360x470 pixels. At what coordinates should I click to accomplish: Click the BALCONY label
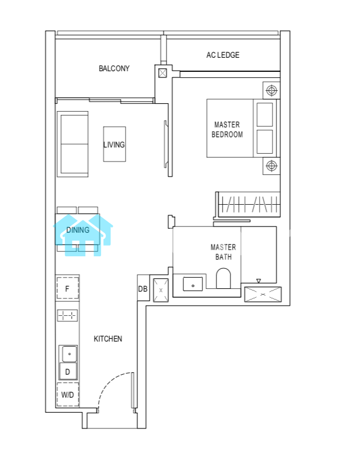pyautogui.click(x=114, y=68)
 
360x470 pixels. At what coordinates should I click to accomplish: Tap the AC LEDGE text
pyautogui.click(x=223, y=55)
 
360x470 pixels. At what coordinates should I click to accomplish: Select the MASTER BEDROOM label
pyautogui.click(x=227, y=130)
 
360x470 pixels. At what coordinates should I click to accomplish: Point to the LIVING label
pyautogui.click(x=114, y=145)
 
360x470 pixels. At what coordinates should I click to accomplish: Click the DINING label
pyautogui.click(x=77, y=230)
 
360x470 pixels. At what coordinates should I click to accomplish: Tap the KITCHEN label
pyautogui.click(x=108, y=339)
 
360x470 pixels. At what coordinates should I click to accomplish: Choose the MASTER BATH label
pyautogui.click(x=223, y=252)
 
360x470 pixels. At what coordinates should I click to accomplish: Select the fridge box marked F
pyautogui.click(x=67, y=288)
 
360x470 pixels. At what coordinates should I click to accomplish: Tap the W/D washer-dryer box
pyautogui.click(x=67, y=394)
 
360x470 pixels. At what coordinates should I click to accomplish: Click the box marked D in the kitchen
pyautogui.click(x=68, y=371)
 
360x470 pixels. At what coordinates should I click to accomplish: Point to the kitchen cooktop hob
pyautogui.click(x=67, y=315)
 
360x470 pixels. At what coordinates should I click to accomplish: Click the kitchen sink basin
pyautogui.click(x=69, y=354)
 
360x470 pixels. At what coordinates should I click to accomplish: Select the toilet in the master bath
pyautogui.click(x=223, y=278)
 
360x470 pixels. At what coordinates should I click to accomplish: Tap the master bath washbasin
pyautogui.click(x=193, y=284)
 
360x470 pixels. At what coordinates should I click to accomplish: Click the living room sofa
pyautogui.click(x=72, y=144)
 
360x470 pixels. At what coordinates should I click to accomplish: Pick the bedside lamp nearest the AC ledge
pyautogui.click(x=271, y=90)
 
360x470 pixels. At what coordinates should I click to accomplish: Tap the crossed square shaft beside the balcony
pyautogui.click(x=163, y=73)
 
